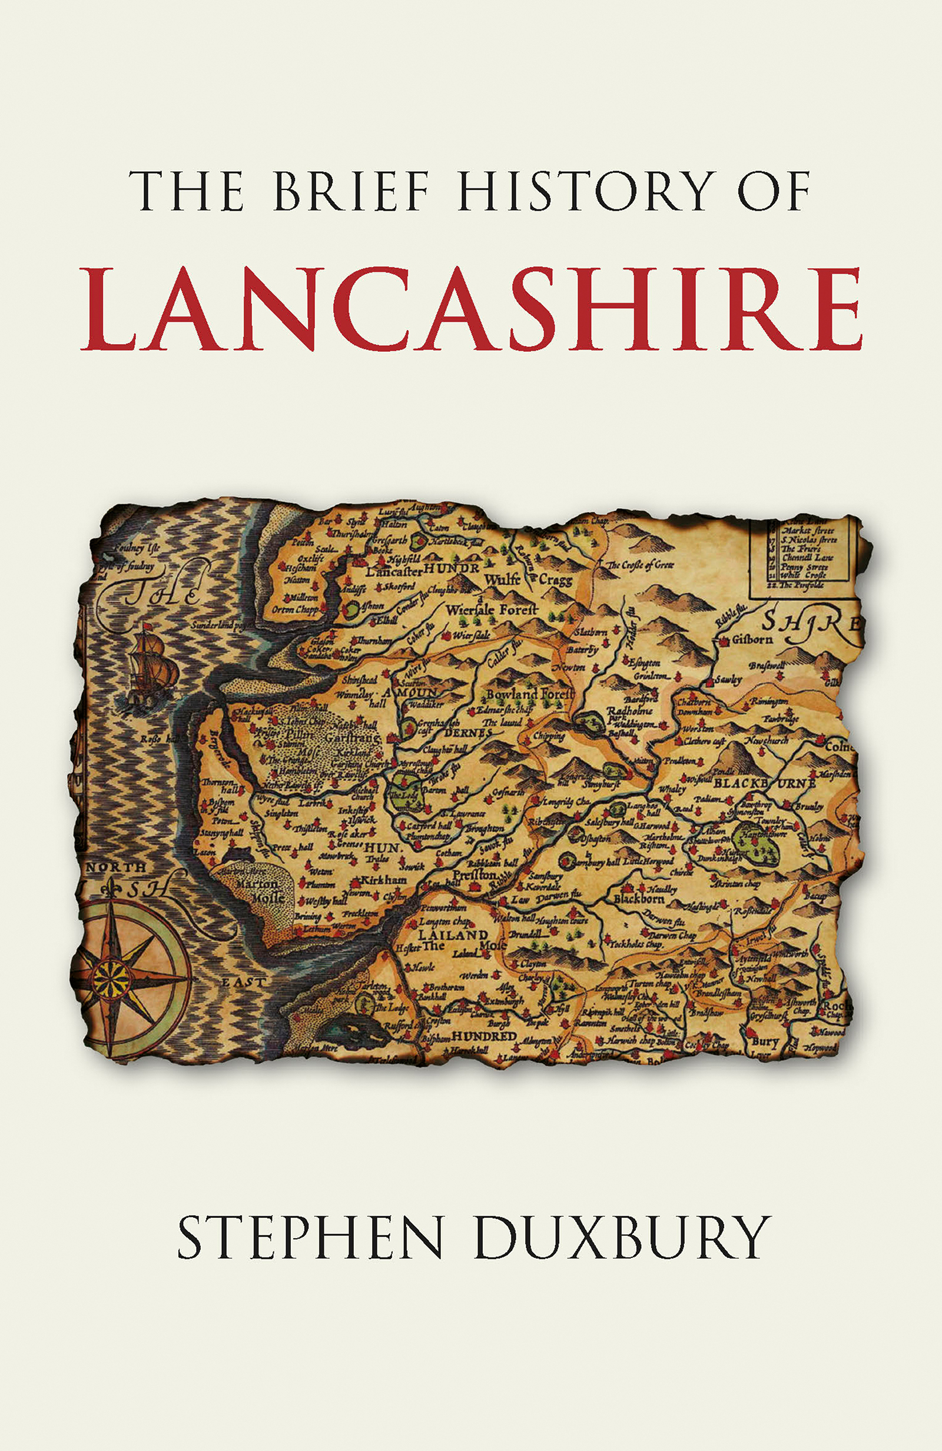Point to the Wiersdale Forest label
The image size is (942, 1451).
[x=492, y=609]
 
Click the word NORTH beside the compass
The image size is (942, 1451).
[x=117, y=866]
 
